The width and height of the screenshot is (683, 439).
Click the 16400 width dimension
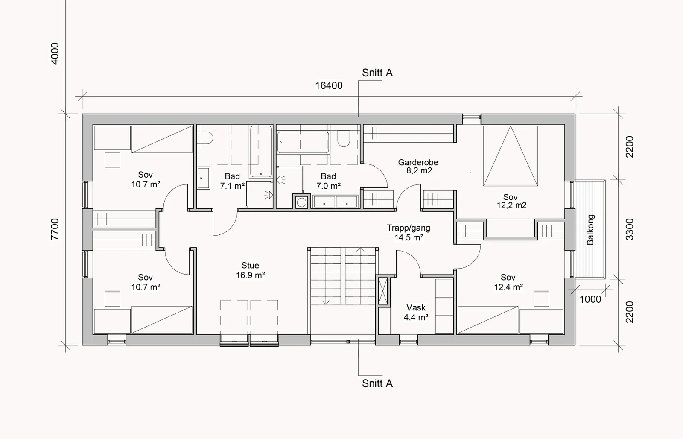(329, 86)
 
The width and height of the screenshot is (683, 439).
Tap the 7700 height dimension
(55, 229)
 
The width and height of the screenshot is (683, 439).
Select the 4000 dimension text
(55, 54)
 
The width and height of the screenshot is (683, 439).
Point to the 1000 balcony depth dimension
(590, 299)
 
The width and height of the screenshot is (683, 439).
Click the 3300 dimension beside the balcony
(630, 229)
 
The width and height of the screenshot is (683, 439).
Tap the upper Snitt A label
(377, 73)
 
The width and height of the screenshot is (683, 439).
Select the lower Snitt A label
(377, 383)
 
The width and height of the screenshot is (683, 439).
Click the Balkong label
(590, 230)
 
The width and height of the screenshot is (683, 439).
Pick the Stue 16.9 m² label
(250, 270)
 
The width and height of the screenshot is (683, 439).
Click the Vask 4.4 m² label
(416, 313)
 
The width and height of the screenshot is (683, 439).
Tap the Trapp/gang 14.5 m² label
(409, 232)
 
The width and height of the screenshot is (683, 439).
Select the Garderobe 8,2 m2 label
(418, 166)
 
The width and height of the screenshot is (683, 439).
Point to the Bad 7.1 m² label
(232, 181)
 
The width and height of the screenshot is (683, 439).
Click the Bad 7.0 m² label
(328, 181)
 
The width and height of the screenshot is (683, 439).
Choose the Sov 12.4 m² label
(508, 282)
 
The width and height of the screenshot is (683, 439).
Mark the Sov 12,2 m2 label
(511, 201)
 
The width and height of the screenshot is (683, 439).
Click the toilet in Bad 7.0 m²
(344, 139)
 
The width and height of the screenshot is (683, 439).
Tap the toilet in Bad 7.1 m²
(205, 138)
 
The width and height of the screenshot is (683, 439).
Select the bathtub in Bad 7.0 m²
(303, 142)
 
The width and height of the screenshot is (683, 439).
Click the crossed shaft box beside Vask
(383, 291)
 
